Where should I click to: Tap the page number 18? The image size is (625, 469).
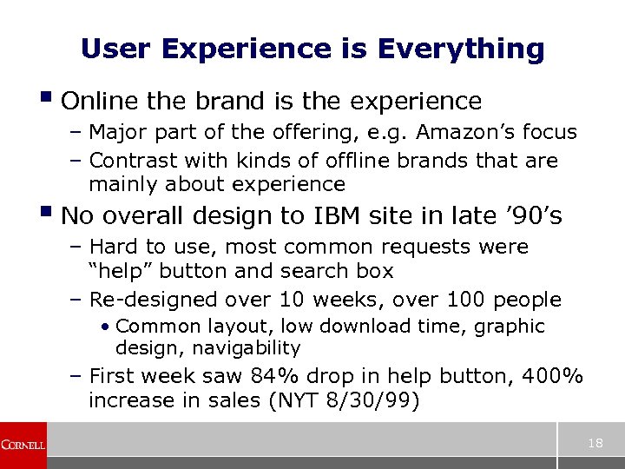tap(595, 444)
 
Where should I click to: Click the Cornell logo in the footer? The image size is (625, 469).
tap(23, 445)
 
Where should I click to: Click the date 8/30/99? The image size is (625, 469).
tap(386, 400)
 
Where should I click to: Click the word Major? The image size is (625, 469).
tap(119, 133)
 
